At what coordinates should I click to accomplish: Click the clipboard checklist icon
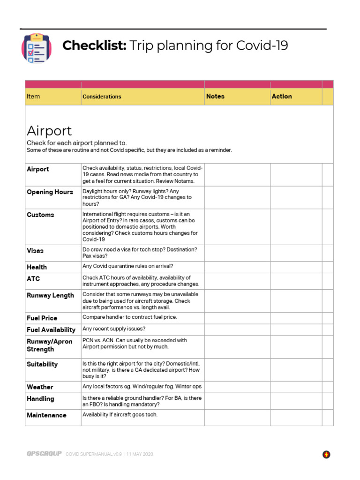[x=37, y=48]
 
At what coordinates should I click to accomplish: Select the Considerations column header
[x=102, y=97]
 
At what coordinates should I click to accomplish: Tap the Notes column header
[x=215, y=96]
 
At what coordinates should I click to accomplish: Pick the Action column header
[x=281, y=96]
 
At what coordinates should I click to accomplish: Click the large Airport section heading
[x=49, y=130]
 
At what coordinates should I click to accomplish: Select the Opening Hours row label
[x=50, y=192]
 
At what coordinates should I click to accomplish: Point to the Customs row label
[x=40, y=215]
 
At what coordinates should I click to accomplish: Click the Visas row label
[x=35, y=251]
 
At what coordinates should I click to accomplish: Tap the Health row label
[x=37, y=267]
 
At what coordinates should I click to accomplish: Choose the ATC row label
[x=33, y=279]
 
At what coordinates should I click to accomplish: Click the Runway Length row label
[x=50, y=295]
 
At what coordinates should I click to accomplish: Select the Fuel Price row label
[x=42, y=318]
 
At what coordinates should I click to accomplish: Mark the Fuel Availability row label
[x=51, y=330]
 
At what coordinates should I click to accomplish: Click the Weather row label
[x=40, y=387]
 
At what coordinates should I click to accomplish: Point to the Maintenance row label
[x=46, y=415]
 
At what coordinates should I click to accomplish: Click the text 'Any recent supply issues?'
[x=114, y=329]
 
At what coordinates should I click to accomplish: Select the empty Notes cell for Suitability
[x=237, y=370]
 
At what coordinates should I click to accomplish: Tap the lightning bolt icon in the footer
[x=326, y=454]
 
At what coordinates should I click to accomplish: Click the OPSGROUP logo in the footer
[x=44, y=454]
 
